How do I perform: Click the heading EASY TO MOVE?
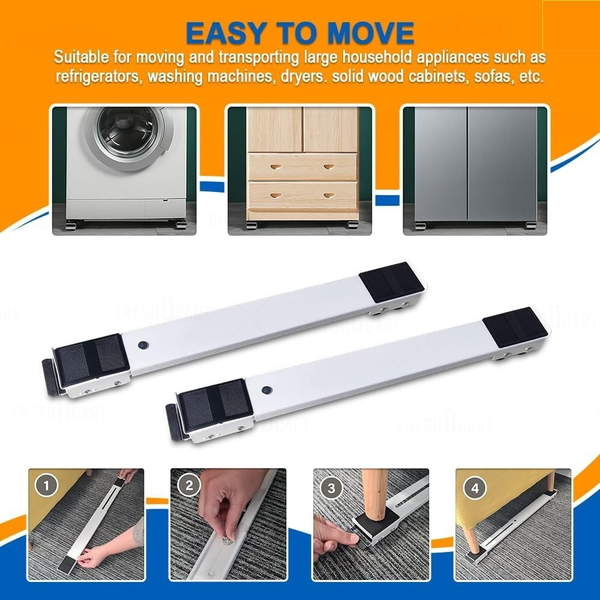tap(299, 33)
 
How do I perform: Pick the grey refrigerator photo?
tap(475, 170)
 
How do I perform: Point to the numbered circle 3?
tap(331, 487)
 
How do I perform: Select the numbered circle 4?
tap(475, 487)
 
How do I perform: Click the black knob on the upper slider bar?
tap(143, 346)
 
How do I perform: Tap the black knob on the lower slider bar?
tap(266, 390)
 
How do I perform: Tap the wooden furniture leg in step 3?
tap(375, 488)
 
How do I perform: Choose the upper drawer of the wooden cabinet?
tap(302, 166)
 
